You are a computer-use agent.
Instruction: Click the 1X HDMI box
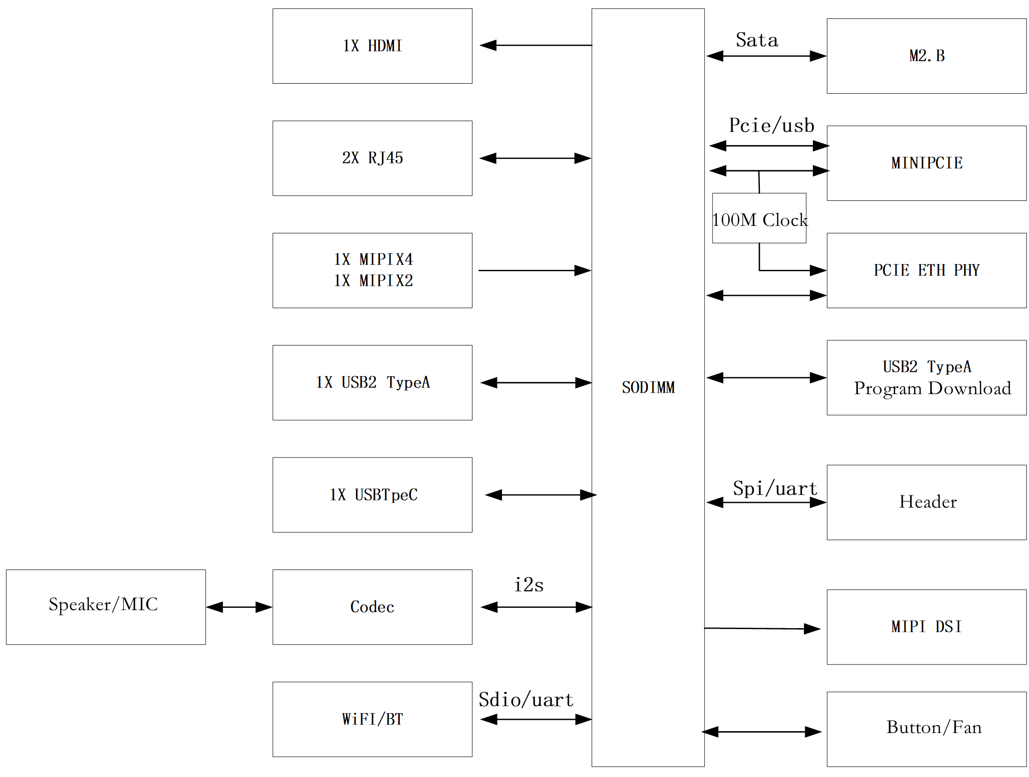tap(372, 46)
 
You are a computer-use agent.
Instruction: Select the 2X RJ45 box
tap(372, 158)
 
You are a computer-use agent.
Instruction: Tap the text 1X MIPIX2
tap(373, 281)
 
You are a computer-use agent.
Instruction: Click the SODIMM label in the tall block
tap(648, 388)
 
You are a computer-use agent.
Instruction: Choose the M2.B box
tap(926, 56)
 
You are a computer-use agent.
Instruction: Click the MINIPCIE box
tap(926, 163)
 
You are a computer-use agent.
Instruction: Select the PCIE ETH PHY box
tap(926, 270)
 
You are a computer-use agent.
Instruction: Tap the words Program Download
tap(932, 388)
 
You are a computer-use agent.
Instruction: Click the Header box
tap(926, 502)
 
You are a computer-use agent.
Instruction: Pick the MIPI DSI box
tap(926, 627)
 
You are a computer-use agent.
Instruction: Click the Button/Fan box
tap(926, 728)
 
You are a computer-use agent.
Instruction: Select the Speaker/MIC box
tap(105, 606)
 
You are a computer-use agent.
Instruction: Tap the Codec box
tap(372, 606)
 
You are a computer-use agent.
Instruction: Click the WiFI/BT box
tap(372, 719)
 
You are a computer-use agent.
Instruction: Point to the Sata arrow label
tap(757, 40)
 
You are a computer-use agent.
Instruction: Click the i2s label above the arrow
tap(529, 585)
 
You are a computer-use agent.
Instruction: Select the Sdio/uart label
tap(526, 700)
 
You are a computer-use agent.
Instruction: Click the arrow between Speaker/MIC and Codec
tap(239, 607)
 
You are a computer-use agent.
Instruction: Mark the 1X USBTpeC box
tap(372, 494)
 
